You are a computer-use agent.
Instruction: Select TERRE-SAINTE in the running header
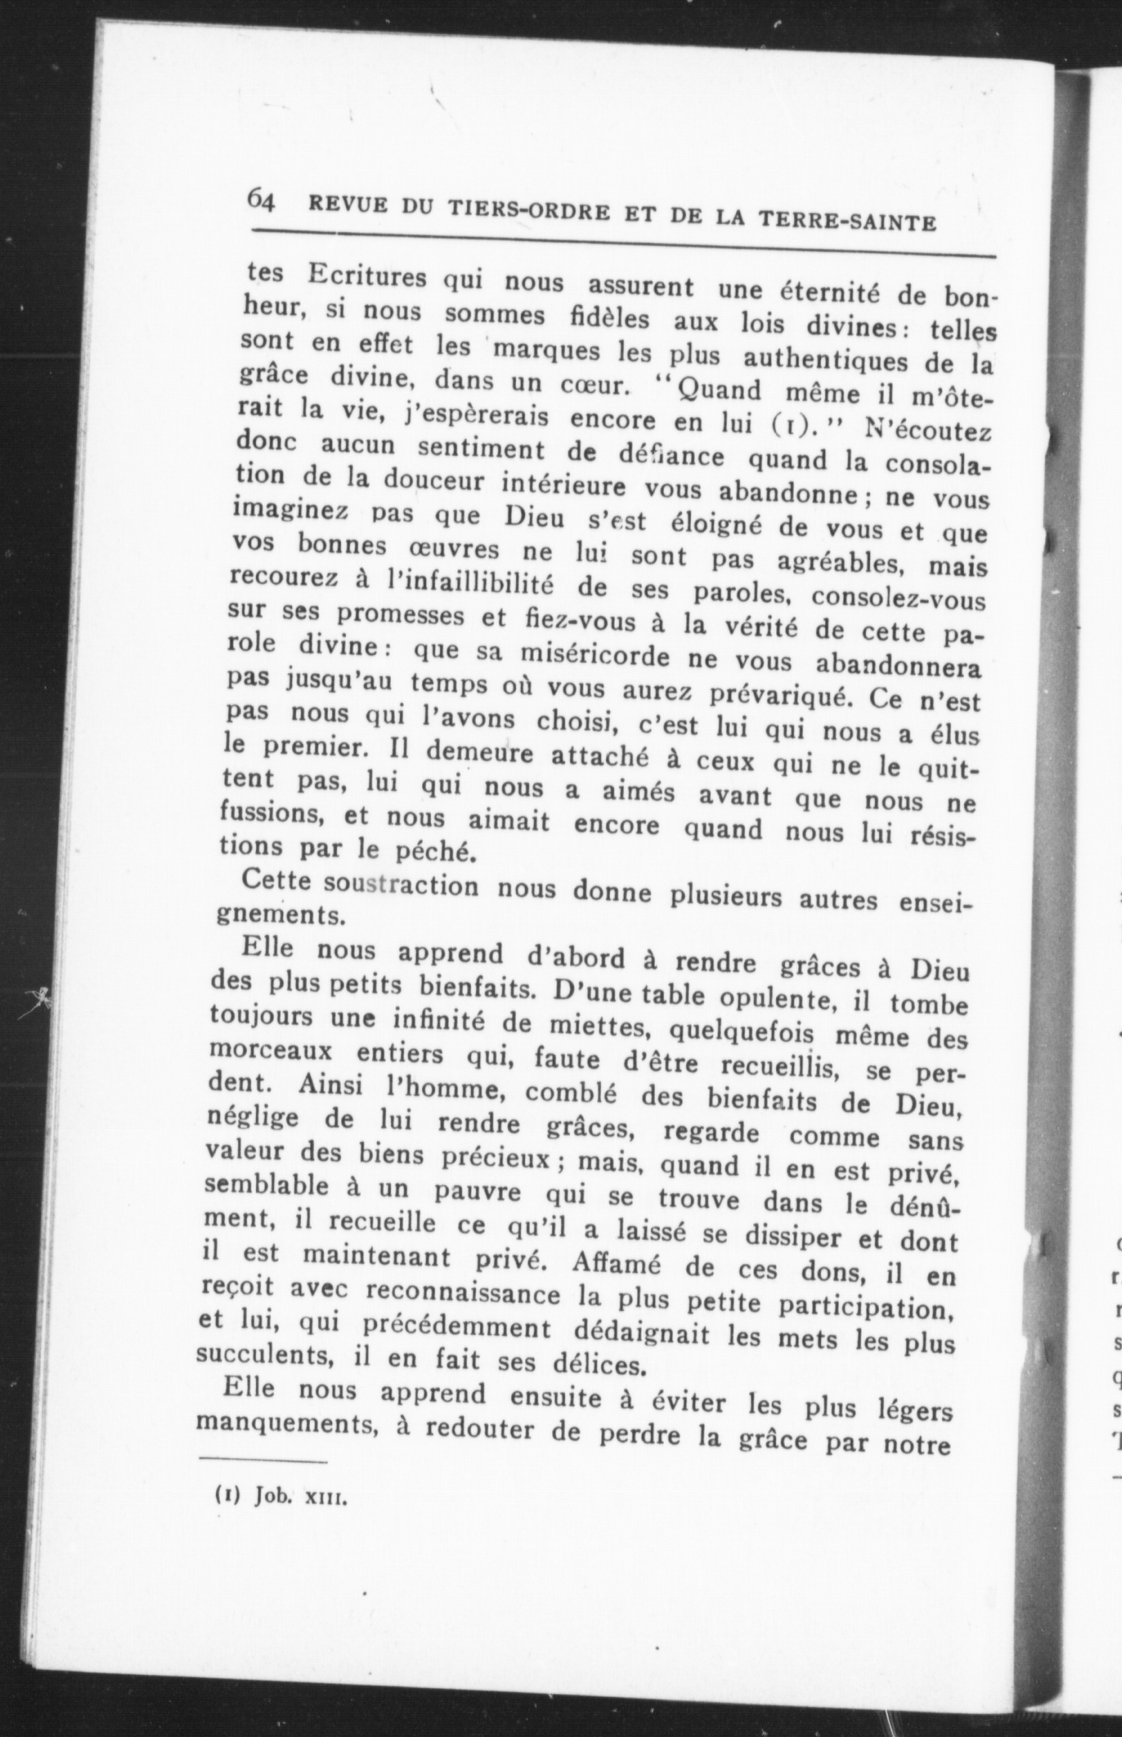[848, 219]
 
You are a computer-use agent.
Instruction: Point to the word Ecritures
[366, 278]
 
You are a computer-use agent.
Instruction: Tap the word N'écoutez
[925, 432]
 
